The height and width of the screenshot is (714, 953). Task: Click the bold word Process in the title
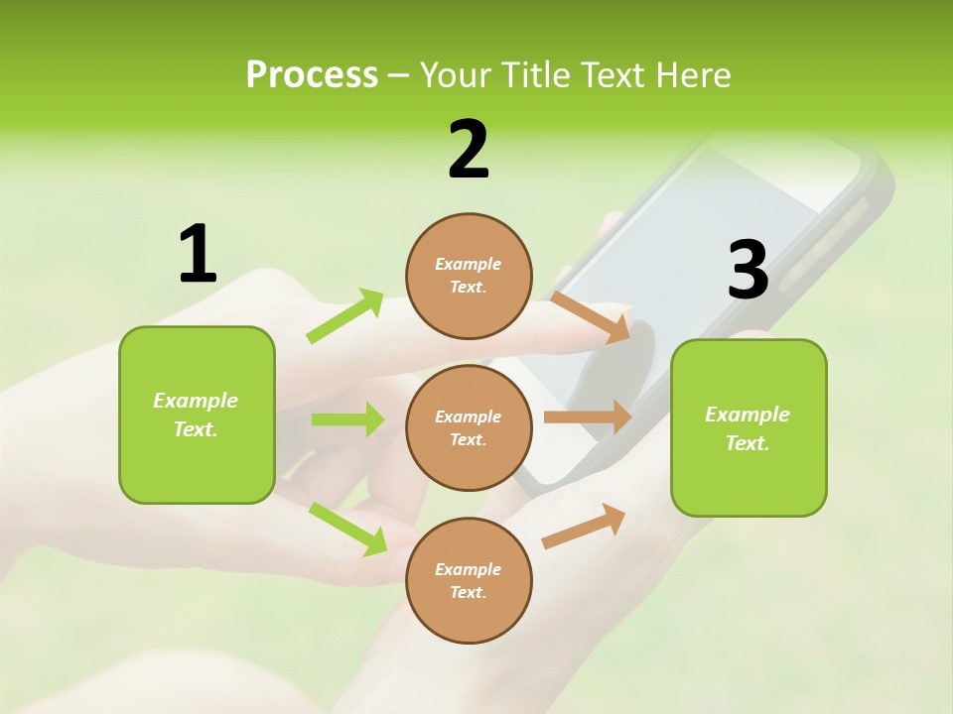click(x=312, y=75)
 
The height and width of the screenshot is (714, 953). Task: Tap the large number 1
click(x=198, y=254)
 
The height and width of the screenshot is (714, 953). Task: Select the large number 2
click(x=469, y=150)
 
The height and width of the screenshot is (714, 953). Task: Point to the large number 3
click(x=748, y=270)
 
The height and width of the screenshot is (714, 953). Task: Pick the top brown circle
click(x=469, y=276)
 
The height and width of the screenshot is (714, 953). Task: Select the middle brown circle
click(x=469, y=428)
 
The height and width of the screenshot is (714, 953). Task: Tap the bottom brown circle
click(x=469, y=581)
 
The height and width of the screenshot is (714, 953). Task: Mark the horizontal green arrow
click(x=347, y=419)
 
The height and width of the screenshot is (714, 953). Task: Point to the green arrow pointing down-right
click(x=347, y=529)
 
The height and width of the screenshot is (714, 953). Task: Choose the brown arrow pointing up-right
click(x=584, y=526)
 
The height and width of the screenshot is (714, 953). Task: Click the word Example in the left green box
click(x=196, y=401)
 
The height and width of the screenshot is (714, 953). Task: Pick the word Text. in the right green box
click(x=748, y=443)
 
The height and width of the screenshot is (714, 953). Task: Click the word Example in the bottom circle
click(x=469, y=569)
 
